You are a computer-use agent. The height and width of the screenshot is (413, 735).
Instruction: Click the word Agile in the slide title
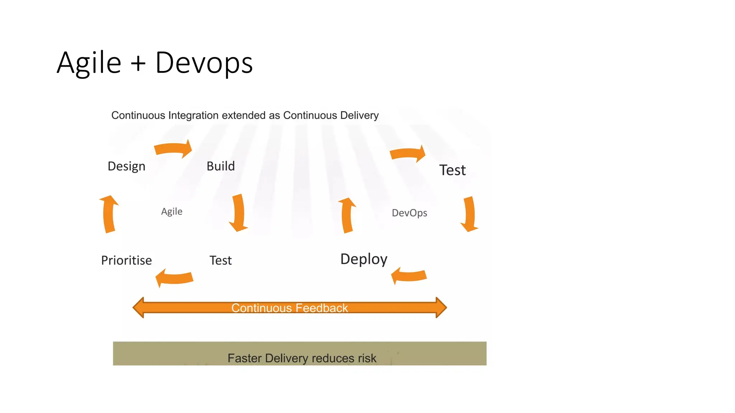[x=89, y=63]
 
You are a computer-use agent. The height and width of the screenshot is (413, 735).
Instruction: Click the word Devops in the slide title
[x=204, y=63]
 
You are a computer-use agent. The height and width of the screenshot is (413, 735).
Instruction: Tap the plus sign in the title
[x=138, y=64]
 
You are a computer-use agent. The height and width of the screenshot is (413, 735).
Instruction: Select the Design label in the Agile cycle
[x=126, y=166]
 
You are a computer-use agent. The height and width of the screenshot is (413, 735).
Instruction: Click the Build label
[x=221, y=166]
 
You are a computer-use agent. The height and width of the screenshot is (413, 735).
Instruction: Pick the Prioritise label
[x=126, y=260]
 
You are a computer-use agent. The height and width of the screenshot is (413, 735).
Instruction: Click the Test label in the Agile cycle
[x=220, y=260]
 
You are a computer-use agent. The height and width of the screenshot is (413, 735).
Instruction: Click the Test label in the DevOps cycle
[x=452, y=170]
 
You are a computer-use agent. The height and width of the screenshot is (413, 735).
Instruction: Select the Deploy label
[x=364, y=259]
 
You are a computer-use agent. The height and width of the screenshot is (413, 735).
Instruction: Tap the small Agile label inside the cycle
[x=172, y=212]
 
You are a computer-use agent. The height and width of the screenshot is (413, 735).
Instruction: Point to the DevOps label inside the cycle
[x=409, y=213]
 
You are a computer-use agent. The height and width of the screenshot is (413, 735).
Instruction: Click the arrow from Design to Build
[x=174, y=148]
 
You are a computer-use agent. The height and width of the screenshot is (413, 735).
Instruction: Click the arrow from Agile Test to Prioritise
[x=174, y=278]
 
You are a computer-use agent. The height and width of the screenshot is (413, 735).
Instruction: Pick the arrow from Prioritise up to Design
[x=109, y=214]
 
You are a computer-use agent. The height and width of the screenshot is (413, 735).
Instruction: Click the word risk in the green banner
[x=367, y=358]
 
